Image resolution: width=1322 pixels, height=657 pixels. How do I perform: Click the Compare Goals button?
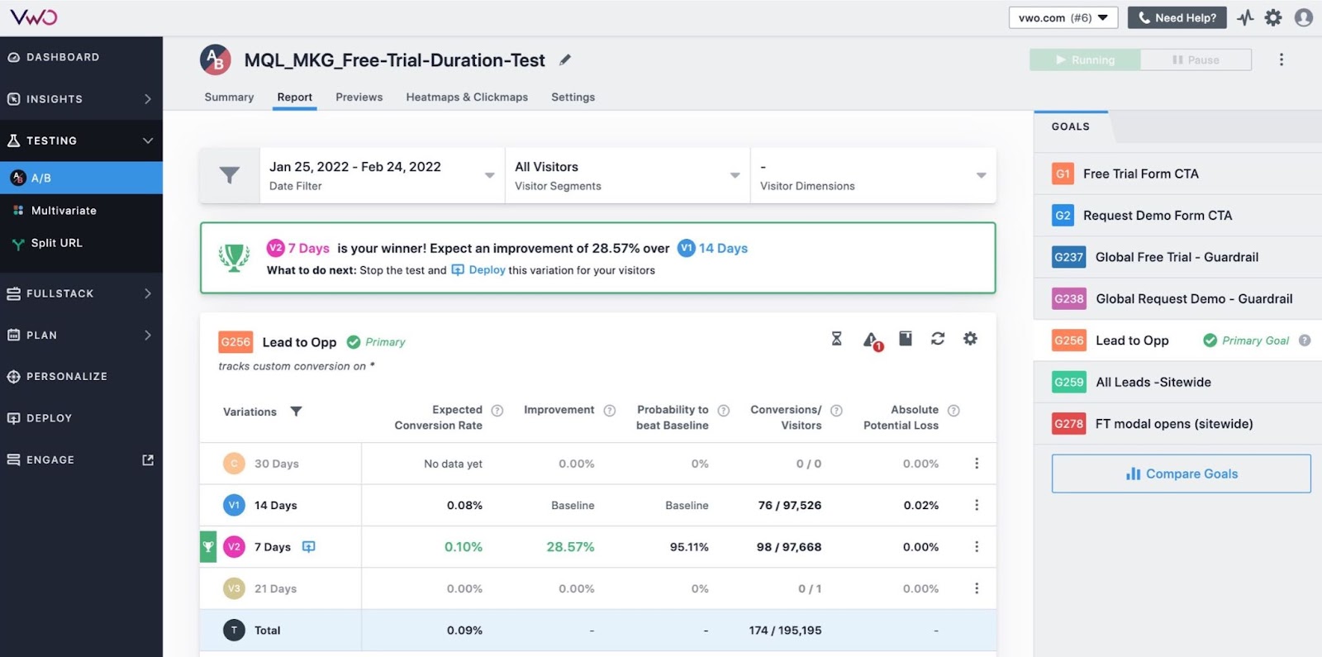coord(1181,474)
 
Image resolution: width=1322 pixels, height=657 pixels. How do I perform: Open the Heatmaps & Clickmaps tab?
coord(467,97)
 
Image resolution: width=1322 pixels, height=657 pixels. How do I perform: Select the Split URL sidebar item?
coord(56,243)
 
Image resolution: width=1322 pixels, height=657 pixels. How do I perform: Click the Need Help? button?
coord(1177,17)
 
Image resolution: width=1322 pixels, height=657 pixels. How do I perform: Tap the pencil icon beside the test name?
coord(565,60)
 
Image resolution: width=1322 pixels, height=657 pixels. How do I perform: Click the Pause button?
coord(1196,60)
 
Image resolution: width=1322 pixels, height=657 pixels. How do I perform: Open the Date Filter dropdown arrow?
coord(489,175)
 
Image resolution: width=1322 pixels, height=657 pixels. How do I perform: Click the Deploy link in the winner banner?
coord(487,270)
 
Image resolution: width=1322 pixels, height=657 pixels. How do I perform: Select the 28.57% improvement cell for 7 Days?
coord(570,547)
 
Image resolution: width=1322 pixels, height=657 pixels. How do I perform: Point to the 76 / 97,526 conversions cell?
coord(789,505)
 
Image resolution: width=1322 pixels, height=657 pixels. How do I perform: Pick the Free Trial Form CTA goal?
coord(1140,174)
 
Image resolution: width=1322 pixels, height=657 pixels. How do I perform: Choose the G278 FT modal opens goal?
coord(1173,424)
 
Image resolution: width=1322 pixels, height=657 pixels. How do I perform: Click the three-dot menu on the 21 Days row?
coord(977,588)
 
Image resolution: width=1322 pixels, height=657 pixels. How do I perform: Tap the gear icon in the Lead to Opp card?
coord(970,339)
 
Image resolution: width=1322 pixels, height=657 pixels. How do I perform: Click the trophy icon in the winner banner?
coord(234,257)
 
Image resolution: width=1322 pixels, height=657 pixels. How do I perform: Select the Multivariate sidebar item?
coord(64,211)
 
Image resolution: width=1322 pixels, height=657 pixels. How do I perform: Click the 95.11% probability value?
coord(689,547)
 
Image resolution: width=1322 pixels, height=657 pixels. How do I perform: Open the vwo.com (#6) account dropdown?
coord(1063,17)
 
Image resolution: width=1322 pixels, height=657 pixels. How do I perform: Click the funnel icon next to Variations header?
coord(296,412)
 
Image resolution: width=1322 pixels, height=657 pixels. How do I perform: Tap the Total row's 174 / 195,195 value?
coord(785,631)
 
